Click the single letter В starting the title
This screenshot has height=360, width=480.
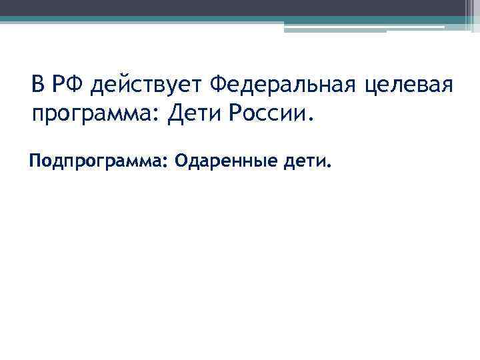coord(37,85)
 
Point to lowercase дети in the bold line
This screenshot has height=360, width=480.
coord(305,161)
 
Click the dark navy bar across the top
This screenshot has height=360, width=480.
coord(233,7)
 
